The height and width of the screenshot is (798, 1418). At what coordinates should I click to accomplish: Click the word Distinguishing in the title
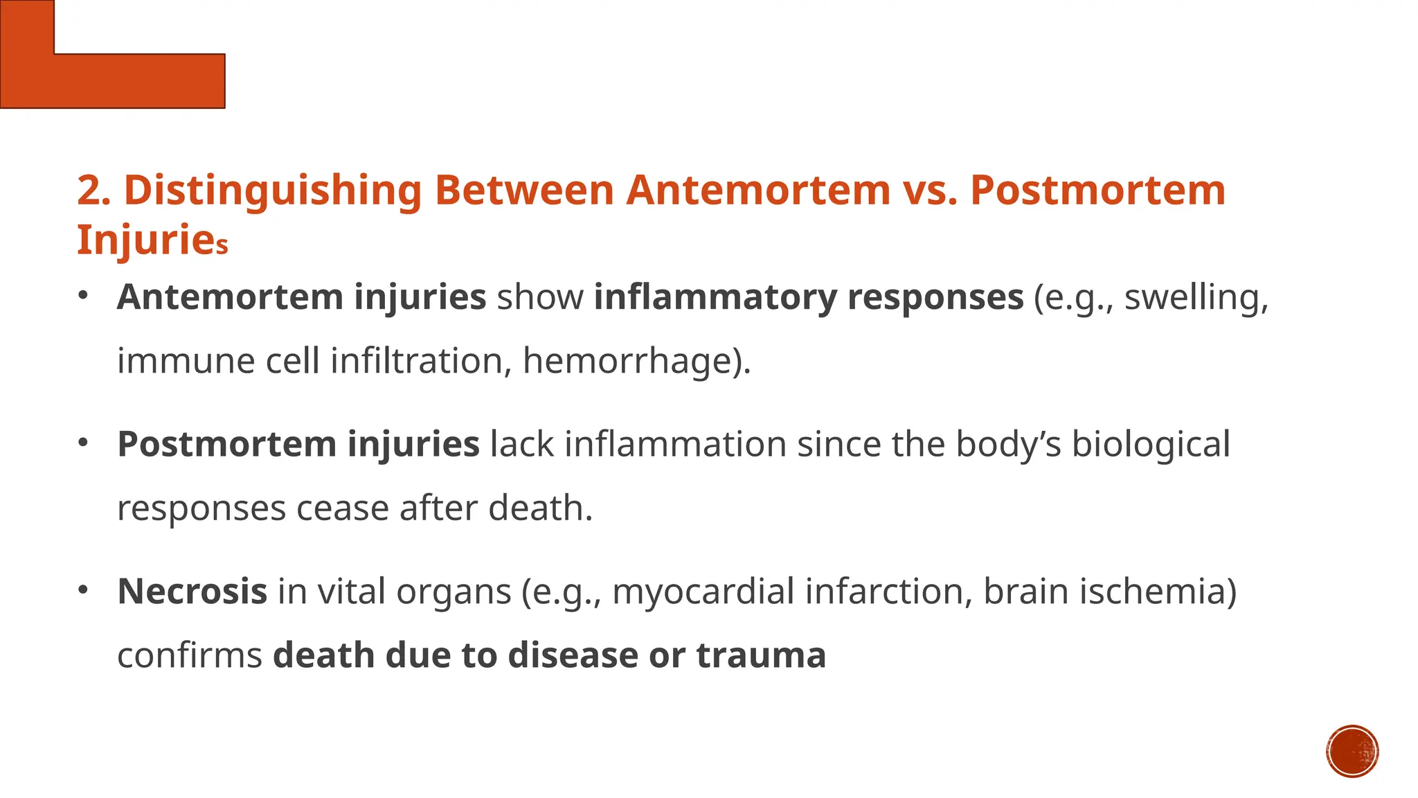272,191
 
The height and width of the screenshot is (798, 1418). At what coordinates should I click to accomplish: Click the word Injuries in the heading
152,240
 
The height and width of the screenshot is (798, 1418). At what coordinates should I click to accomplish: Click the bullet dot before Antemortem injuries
83,296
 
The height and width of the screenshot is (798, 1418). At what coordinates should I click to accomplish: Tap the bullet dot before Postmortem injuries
83,443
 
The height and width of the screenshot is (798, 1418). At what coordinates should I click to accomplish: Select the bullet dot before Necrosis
83,590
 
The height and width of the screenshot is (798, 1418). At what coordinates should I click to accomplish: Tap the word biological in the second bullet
1151,445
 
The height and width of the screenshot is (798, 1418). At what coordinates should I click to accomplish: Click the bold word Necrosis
192,592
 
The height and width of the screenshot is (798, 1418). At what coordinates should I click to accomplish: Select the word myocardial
703,593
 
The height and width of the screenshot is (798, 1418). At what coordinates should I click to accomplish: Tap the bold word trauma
761,655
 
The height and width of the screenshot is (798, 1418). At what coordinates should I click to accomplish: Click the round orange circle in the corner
1352,752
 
